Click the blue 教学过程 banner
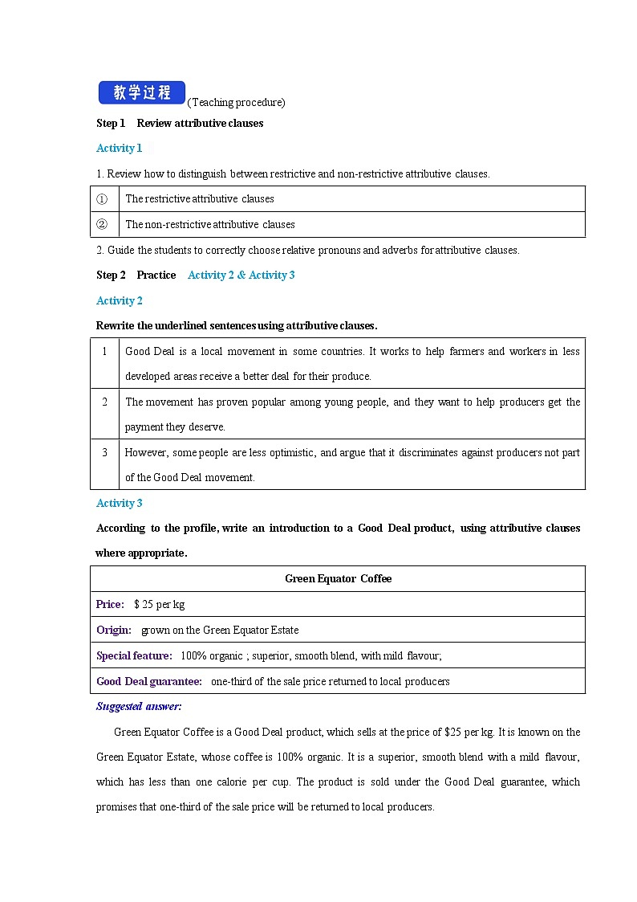click(141, 93)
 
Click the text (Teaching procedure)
click(236, 102)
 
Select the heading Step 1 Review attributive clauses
click(180, 123)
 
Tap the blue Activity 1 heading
click(119, 148)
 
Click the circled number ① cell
click(102, 199)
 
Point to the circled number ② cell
click(102, 225)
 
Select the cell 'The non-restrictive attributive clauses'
click(210, 225)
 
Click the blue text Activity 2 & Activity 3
click(241, 275)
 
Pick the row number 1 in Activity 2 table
click(104, 351)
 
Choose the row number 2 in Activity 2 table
click(104, 402)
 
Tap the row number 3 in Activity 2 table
click(104, 452)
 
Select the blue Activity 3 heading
click(119, 503)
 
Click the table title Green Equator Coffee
click(338, 578)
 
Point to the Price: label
click(110, 604)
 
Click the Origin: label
click(113, 630)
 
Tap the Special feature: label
click(134, 655)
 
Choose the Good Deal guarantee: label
click(148, 681)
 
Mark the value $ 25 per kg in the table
click(159, 604)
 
